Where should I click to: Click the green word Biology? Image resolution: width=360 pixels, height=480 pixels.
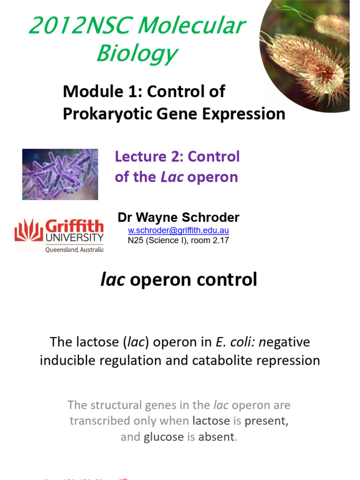[x=136, y=53]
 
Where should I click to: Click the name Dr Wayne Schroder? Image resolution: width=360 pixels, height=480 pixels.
[x=178, y=217]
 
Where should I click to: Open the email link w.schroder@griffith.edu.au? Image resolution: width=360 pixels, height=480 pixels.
[x=178, y=231]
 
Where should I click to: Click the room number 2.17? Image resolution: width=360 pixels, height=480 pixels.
[x=218, y=240]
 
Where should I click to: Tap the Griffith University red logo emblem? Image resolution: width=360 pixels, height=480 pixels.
[x=29, y=230]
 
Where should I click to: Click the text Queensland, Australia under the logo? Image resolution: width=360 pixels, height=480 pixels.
[x=74, y=250]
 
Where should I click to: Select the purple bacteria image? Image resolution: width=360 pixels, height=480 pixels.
[x=60, y=174]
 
